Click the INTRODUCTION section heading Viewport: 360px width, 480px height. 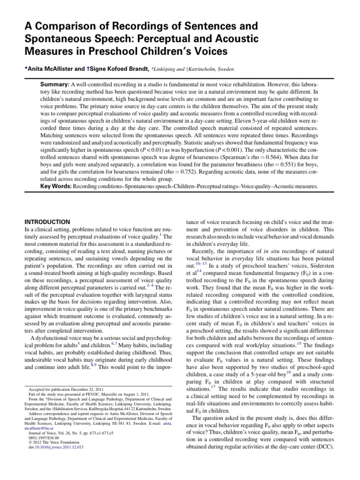(47, 222)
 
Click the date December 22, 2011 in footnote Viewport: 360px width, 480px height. (95, 389)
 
